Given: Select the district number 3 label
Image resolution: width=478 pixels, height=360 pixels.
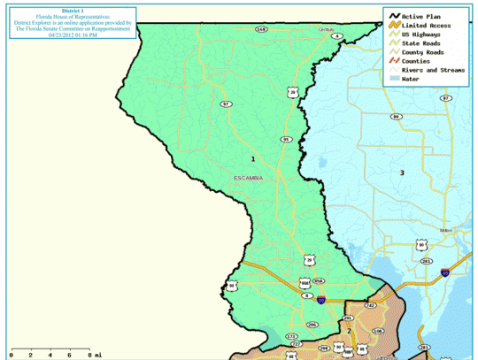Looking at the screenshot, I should point(401,172).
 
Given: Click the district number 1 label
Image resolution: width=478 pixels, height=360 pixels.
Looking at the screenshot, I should point(253,158).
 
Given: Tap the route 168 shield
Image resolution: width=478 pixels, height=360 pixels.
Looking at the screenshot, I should point(261,29).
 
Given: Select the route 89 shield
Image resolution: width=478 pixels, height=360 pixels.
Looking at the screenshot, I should point(396,116).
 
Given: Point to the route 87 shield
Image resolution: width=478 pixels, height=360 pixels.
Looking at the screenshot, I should point(445,98).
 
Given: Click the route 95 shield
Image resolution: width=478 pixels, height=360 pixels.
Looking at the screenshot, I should point(286,139).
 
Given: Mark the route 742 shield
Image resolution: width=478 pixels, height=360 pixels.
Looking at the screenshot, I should point(370,305).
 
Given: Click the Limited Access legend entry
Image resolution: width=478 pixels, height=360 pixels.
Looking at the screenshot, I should point(427,26).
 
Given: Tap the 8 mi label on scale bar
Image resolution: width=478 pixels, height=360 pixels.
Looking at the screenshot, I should point(92,354).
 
